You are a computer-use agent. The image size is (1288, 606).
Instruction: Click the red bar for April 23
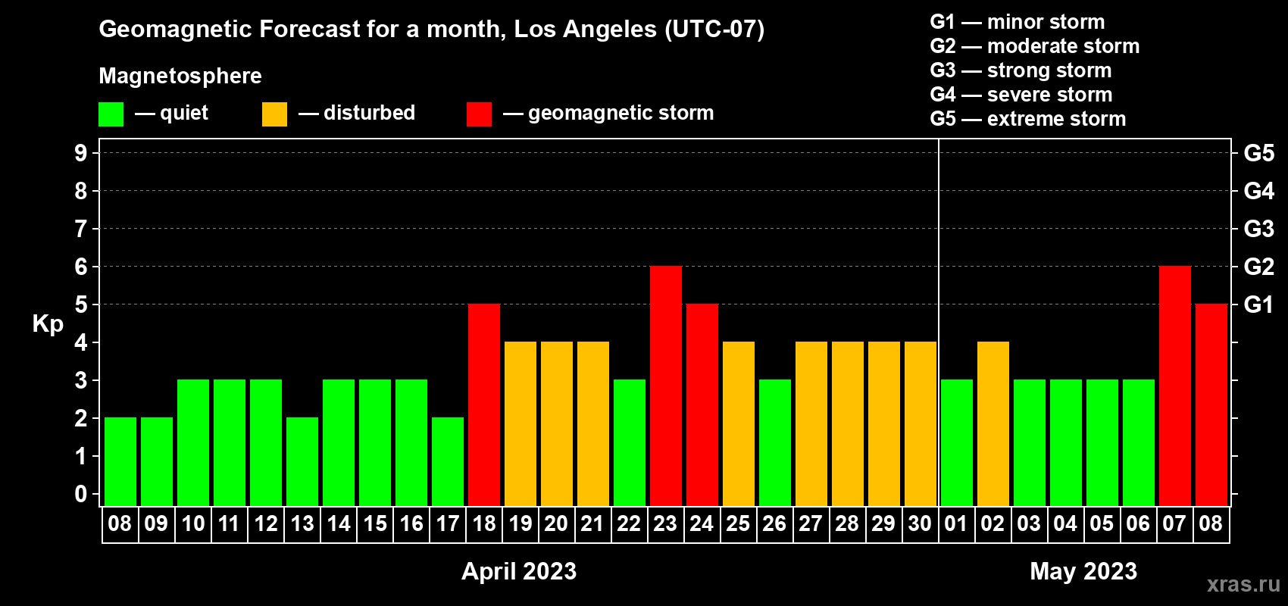coord(666,386)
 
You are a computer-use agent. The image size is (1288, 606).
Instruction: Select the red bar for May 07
coord(1174,386)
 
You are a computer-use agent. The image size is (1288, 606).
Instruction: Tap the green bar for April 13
coord(302,461)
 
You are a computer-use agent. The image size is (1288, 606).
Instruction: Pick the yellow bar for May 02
coord(993,423)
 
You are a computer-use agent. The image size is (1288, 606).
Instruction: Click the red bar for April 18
coord(484,405)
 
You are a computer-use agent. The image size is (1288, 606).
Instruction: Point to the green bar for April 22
coord(630,442)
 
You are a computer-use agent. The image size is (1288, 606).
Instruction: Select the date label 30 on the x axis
coord(920,523)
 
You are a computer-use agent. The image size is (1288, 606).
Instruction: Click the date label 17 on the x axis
coord(447,523)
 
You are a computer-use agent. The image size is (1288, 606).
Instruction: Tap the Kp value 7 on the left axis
coord(80,229)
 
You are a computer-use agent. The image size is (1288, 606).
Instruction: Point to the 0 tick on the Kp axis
coord(80,494)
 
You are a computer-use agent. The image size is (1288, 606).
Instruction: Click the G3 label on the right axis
coord(1258,229)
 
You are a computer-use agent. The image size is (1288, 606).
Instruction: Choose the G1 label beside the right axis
coord(1258,305)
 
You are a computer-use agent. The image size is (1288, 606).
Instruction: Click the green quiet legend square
coord(111,114)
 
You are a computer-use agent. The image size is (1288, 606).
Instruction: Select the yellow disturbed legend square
coord(274,114)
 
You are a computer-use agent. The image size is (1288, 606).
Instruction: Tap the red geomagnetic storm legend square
coord(479,114)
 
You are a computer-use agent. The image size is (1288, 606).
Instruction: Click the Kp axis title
coord(48,324)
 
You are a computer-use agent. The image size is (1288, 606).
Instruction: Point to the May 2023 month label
coord(1083,571)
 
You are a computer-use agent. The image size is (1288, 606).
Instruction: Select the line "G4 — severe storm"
coord(1021,95)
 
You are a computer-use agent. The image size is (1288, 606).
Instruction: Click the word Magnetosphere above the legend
coord(180,76)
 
